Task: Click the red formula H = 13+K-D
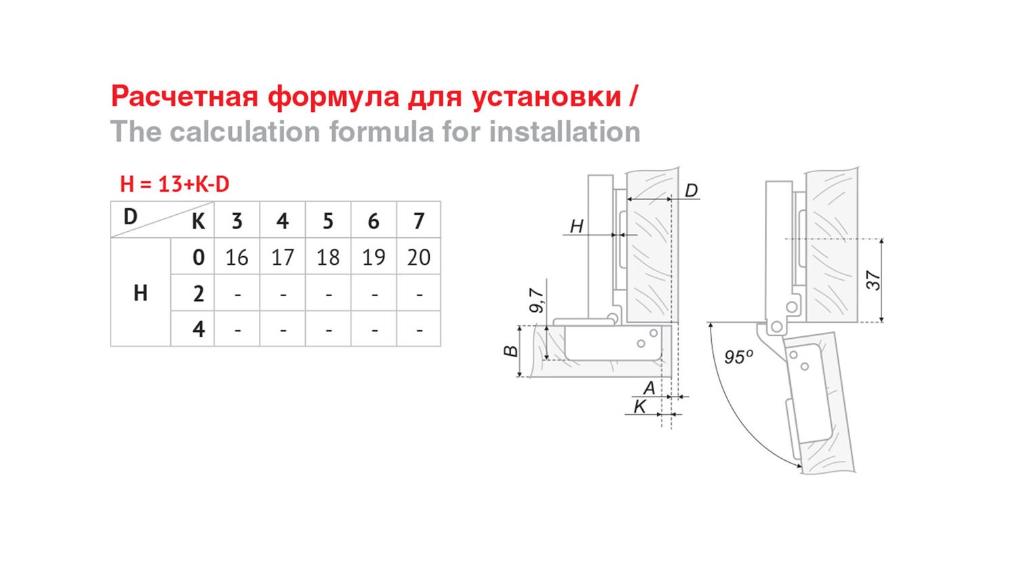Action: pos(175,184)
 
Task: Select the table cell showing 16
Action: pos(237,258)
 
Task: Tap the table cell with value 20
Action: pos(418,258)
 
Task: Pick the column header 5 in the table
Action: pos(327,221)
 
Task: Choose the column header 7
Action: pos(418,221)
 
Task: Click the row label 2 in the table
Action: pos(199,293)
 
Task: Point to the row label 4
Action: pos(199,329)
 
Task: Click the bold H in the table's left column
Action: pos(141,293)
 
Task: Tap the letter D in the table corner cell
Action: pos(130,217)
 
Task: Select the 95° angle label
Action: pos(738,356)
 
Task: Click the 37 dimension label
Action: pos(873,280)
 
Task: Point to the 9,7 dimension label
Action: pos(536,300)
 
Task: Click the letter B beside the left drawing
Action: pos(511,351)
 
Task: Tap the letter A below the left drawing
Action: pos(650,388)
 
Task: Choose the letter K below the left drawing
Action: pos(640,407)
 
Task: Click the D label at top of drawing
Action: pos(691,190)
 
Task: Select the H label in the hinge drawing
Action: pos(576,226)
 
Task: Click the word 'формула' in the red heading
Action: pos(334,97)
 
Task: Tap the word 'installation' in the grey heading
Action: pos(565,131)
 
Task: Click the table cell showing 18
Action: pos(327,258)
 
